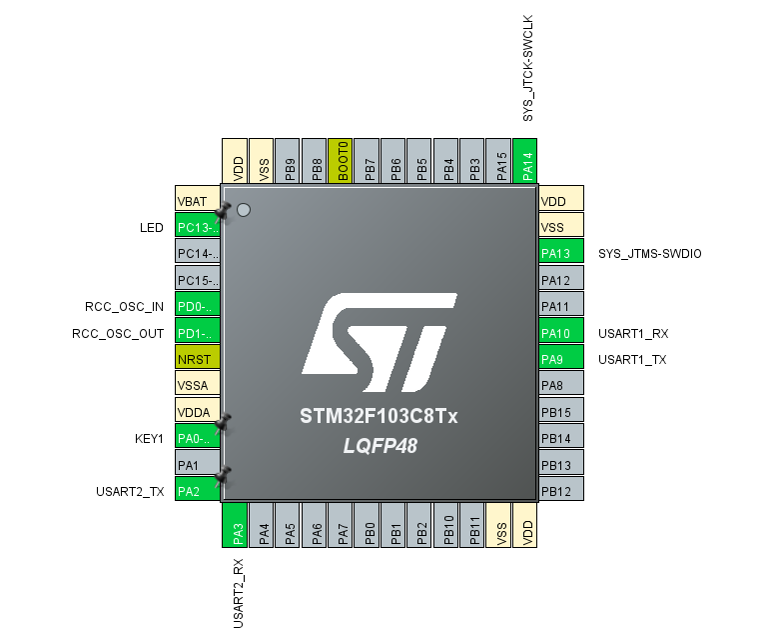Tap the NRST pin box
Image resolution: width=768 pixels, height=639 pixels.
pos(196,359)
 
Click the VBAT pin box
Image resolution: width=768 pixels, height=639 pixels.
pos(196,200)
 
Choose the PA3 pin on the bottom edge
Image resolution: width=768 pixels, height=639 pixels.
pos(234,525)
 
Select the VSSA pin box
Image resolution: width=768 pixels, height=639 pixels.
pos(196,385)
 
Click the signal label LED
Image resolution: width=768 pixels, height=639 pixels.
pos(151,228)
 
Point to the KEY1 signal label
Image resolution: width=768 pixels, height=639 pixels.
pos(148,438)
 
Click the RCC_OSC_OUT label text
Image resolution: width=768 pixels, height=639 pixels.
pos(118,333)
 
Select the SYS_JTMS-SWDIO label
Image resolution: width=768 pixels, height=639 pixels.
pos(649,254)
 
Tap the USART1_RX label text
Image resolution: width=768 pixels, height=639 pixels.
pos(631,333)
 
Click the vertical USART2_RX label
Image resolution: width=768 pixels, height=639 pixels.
pos(239,592)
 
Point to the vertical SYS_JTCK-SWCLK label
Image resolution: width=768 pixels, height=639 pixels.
pos(529,68)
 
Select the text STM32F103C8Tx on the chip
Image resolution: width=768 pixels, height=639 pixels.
pos(379,416)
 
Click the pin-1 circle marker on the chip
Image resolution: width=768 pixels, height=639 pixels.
pos(243,210)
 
